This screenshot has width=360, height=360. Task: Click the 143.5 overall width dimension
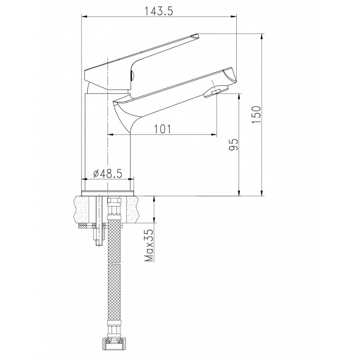pyautogui.click(x=158, y=12)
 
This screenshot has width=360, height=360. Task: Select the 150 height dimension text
pyautogui.click(x=256, y=115)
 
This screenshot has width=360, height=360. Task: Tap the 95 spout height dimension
pyautogui.click(x=234, y=144)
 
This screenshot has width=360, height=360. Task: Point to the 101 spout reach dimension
pyautogui.click(x=162, y=129)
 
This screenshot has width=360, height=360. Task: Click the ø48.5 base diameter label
pyautogui.click(x=108, y=174)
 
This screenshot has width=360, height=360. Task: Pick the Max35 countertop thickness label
pyautogui.click(x=149, y=245)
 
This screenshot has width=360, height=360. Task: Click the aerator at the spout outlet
pyautogui.click(x=216, y=92)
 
